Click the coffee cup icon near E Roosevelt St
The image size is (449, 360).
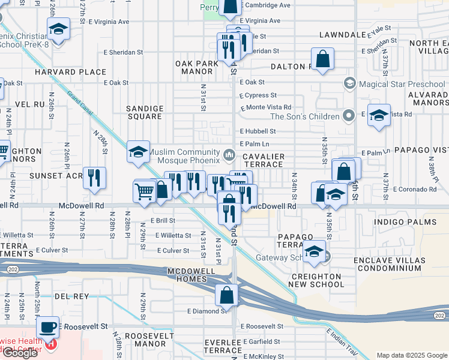click(47, 328)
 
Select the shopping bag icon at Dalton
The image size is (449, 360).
click(322, 59)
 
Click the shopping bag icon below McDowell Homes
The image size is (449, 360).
click(228, 295)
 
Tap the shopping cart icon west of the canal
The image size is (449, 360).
click(145, 191)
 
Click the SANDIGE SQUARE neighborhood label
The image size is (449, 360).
click(145, 113)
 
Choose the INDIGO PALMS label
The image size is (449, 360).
click(399, 222)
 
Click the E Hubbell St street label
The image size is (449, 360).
click(258, 131)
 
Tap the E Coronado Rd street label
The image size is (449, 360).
click(413, 190)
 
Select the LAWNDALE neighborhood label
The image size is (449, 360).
click(342, 35)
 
